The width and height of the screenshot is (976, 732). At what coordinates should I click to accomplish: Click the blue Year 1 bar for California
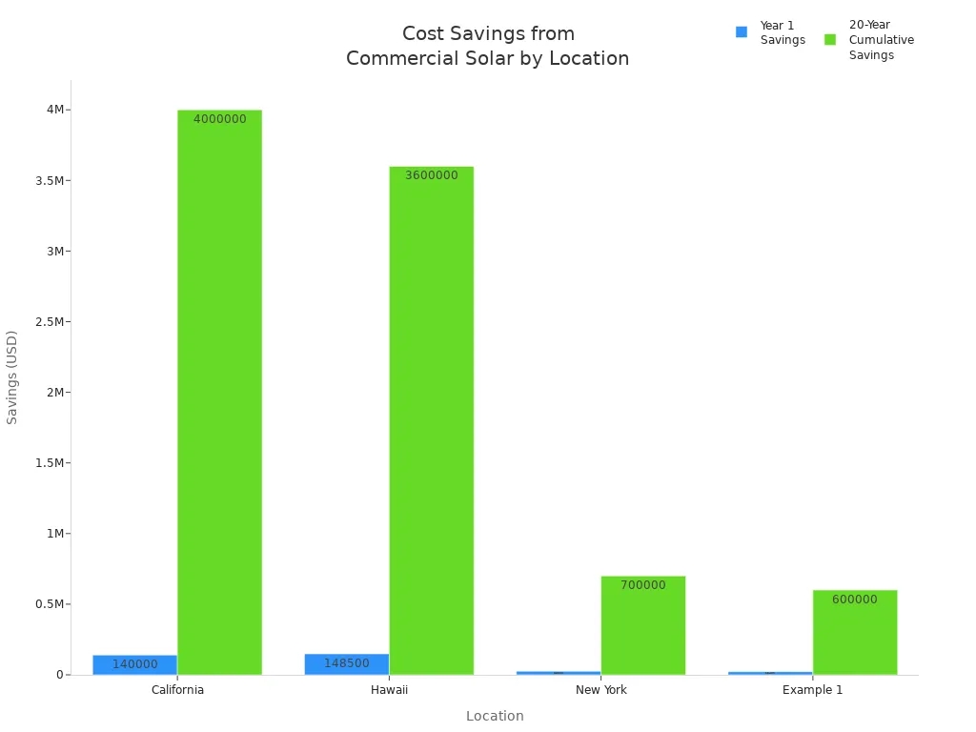click(x=134, y=664)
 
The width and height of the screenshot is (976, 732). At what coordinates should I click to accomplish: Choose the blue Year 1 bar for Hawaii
click(x=346, y=664)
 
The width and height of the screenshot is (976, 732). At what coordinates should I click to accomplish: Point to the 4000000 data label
click(x=219, y=119)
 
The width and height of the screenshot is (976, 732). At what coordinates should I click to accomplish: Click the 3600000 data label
click(x=431, y=175)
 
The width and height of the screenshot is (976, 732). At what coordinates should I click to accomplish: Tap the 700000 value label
click(x=642, y=585)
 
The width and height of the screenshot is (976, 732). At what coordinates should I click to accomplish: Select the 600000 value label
click(x=854, y=600)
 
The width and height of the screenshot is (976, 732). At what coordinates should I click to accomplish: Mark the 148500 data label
click(x=346, y=663)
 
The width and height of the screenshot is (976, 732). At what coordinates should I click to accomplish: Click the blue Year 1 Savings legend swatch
click(x=742, y=32)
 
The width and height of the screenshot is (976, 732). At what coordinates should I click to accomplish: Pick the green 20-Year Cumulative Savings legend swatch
click(x=830, y=39)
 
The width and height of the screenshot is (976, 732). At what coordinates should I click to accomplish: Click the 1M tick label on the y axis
click(x=54, y=533)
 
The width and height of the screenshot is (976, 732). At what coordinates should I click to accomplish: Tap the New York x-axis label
click(x=600, y=690)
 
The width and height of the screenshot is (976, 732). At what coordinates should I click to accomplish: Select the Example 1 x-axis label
click(x=812, y=690)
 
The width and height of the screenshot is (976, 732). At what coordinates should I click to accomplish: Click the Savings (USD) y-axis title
click(x=12, y=376)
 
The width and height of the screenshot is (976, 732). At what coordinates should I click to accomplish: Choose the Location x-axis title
click(x=495, y=716)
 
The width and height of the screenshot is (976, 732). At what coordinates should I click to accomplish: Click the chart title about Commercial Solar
click(x=487, y=46)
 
